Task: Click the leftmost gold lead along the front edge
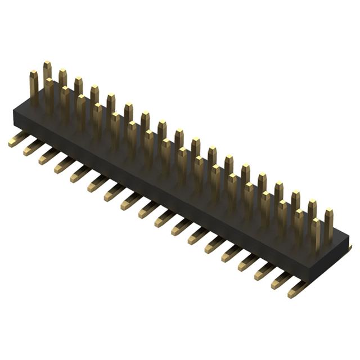pos(18,139)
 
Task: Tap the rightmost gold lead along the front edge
pos(297,289)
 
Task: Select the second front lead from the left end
pos(33,148)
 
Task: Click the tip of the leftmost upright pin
pos(34,74)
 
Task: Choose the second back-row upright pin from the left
pos(62,79)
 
